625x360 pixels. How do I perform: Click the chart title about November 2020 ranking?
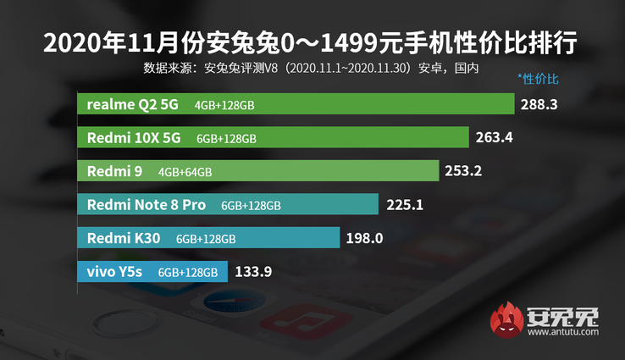(312, 42)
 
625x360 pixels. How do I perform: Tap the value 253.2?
(463, 171)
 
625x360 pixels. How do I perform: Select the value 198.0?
(364, 238)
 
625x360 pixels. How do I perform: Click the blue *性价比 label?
(539, 79)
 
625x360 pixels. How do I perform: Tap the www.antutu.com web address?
(562, 334)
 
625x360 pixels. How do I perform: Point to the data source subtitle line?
(312, 68)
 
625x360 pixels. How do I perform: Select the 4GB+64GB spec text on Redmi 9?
(185, 172)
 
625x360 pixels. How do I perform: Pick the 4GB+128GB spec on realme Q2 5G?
(224, 104)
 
